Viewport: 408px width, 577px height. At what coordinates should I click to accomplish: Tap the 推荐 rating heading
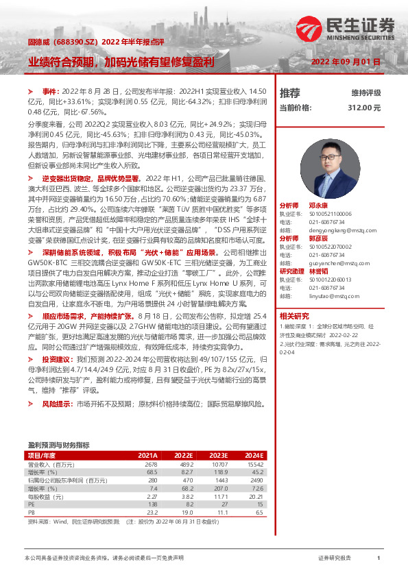pyautogui.click(x=290, y=93)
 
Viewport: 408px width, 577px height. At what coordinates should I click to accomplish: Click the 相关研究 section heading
pyautogui.click(x=295, y=316)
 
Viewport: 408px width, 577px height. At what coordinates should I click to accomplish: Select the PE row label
pyautogui.click(x=31, y=504)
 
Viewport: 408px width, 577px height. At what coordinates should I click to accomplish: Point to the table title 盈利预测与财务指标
pyautogui.click(x=58, y=445)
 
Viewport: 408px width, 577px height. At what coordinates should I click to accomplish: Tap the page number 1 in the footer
pyautogui.click(x=379, y=558)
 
